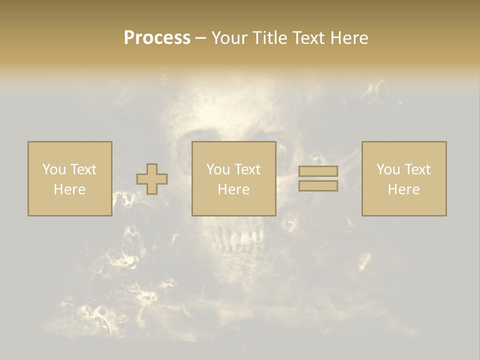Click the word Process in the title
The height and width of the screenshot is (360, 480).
coord(157,38)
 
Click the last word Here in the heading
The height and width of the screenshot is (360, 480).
coord(349,38)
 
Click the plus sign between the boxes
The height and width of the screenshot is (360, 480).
coord(152,179)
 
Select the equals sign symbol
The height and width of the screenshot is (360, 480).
coord(318,178)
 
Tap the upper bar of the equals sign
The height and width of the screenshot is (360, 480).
coord(318,171)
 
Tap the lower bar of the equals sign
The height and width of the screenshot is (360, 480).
coord(318,185)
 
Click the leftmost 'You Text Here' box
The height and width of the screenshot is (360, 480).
coord(69,178)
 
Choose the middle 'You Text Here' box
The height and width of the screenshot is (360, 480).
coord(233,178)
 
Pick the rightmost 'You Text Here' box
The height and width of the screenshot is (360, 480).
coord(403,178)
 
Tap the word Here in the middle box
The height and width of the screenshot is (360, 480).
coord(233,189)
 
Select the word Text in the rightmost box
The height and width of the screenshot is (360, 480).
coord(417,169)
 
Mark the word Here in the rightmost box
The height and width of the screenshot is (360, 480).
coord(403,189)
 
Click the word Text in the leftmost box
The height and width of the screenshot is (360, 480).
coord(83,169)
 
